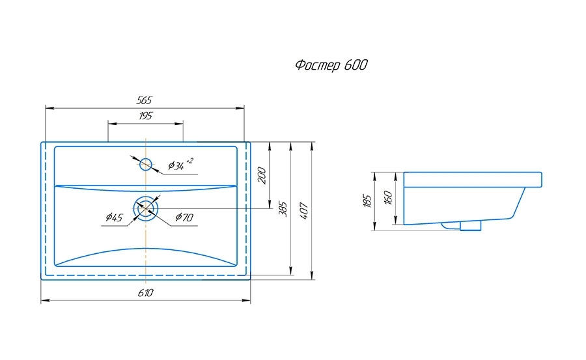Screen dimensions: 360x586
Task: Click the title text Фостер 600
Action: pos(331,65)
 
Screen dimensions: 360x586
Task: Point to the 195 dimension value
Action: pos(145,116)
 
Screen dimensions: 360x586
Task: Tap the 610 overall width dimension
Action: pos(145,294)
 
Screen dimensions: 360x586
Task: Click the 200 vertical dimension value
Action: pos(262,174)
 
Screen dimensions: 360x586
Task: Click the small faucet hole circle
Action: pos(146,163)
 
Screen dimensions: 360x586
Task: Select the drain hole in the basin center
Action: pos(146,208)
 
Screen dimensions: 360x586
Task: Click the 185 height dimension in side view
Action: pos(367,201)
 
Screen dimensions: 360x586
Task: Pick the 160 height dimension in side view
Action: pos(388,198)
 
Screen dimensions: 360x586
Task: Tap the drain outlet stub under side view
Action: pos(470,225)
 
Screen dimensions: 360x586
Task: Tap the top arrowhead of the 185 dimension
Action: pos(374,175)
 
